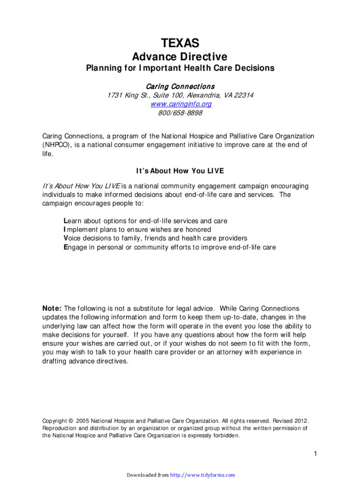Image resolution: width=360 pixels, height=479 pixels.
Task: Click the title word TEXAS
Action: (180, 44)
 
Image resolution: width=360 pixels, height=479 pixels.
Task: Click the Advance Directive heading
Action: (180, 57)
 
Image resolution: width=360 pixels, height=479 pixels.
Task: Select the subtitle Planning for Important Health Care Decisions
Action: (180, 68)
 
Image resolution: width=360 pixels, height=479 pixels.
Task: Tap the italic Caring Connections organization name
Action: (180, 87)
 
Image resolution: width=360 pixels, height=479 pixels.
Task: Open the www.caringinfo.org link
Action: (180, 104)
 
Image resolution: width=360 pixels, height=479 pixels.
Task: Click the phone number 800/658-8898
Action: (180, 113)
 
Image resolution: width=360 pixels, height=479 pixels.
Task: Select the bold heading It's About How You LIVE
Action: (180, 171)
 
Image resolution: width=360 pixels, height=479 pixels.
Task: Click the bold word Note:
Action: (52, 309)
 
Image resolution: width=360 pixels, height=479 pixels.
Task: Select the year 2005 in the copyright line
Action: (82, 421)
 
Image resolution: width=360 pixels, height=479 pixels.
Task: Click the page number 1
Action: (316, 454)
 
